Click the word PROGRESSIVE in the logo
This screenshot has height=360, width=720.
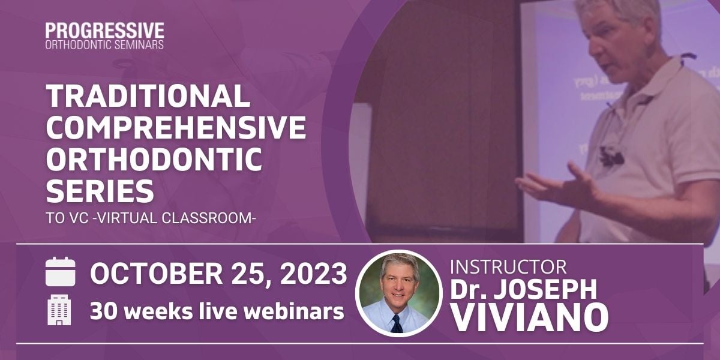[x=104, y=31]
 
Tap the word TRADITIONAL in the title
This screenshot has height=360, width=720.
[x=148, y=96]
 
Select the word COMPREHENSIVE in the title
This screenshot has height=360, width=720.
[x=176, y=127]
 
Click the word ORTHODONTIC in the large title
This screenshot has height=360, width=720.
[x=154, y=159]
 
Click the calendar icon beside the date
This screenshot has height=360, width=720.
[x=61, y=272]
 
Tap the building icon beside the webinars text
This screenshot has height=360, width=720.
[x=59, y=310]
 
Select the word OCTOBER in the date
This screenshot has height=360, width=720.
[x=156, y=274]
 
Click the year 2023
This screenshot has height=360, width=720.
[x=313, y=274]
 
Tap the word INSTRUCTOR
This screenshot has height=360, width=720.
[x=508, y=267]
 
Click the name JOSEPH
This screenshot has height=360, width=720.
[x=545, y=289]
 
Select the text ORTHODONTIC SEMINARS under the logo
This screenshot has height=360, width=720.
[x=104, y=45]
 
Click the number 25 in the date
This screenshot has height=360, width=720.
[x=251, y=274]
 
